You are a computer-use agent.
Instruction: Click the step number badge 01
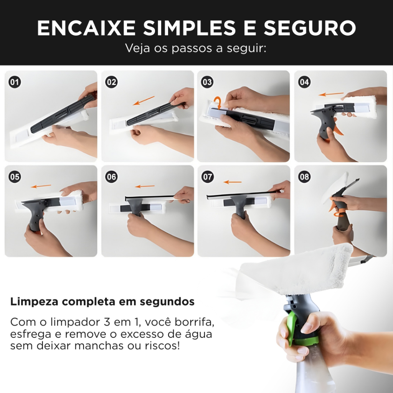pyautogui.click(x=15, y=82)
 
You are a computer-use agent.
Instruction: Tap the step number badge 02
pyautogui.click(x=111, y=82)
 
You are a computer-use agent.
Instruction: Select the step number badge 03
pyautogui.click(x=207, y=82)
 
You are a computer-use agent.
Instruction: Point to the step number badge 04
pyautogui.click(x=304, y=82)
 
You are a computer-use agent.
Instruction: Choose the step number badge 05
pyautogui.click(x=15, y=177)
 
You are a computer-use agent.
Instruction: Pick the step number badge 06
pyautogui.click(x=111, y=177)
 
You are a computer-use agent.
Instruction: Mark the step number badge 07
pyautogui.click(x=208, y=177)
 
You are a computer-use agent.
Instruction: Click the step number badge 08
pyautogui.click(x=304, y=177)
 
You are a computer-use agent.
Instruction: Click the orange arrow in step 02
pyautogui.click(x=144, y=101)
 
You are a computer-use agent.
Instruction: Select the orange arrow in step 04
pyautogui.click(x=331, y=94)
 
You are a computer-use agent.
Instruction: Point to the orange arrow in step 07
pyautogui.click(x=232, y=182)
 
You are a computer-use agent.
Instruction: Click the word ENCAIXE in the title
pyautogui.click(x=86, y=28)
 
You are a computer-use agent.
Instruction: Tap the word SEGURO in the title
pyautogui.click(x=310, y=28)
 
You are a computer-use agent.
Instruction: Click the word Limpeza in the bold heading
pyautogui.click(x=34, y=302)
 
